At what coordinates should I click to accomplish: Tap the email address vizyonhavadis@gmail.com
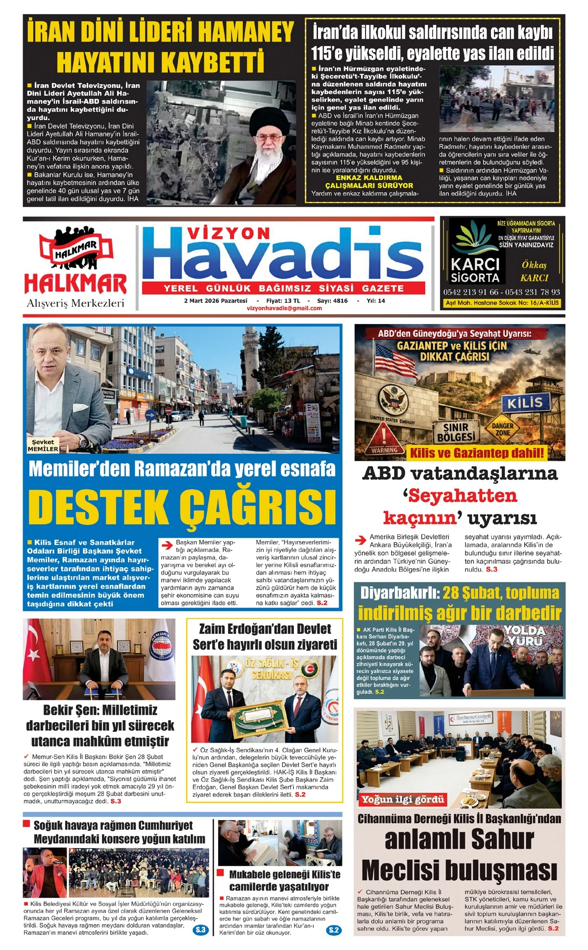(x=284, y=308)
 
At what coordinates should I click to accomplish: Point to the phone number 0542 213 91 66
(x=470, y=292)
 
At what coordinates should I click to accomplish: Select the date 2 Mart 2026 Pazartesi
(x=216, y=300)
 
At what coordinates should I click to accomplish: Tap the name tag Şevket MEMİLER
(x=43, y=445)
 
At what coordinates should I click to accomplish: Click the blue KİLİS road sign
(x=525, y=403)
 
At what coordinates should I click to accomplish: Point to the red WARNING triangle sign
(x=384, y=437)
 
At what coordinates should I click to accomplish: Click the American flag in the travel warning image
(x=395, y=359)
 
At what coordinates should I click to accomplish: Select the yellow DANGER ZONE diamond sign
(x=502, y=429)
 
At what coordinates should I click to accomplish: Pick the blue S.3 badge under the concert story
(x=201, y=929)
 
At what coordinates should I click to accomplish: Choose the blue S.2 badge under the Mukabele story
(x=334, y=930)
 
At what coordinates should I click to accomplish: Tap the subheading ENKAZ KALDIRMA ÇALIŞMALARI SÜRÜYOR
(x=369, y=181)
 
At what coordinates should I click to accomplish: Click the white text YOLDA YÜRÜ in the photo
(x=525, y=635)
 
